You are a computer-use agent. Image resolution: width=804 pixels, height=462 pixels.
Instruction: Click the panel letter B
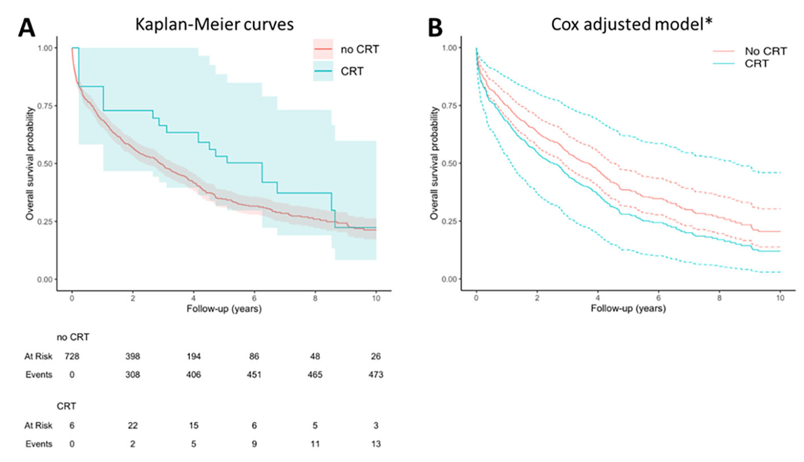coord(435,27)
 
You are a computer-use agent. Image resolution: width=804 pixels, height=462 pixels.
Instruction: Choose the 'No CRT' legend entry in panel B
coord(766,52)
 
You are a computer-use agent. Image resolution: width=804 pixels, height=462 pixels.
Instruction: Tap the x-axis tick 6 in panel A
coord(254,298)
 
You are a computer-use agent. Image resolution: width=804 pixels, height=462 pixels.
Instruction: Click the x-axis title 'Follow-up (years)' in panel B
coord(628,309)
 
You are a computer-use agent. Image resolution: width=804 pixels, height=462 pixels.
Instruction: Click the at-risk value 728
coord(71,356)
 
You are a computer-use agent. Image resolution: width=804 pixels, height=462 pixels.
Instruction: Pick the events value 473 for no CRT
coord(375,374)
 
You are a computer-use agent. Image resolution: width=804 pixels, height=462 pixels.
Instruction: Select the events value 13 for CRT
coord(375,444)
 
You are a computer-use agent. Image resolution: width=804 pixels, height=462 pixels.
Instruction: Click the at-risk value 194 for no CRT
coord(193,356)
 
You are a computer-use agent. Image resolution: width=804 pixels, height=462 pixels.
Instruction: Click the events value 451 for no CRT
coord(254,374)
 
